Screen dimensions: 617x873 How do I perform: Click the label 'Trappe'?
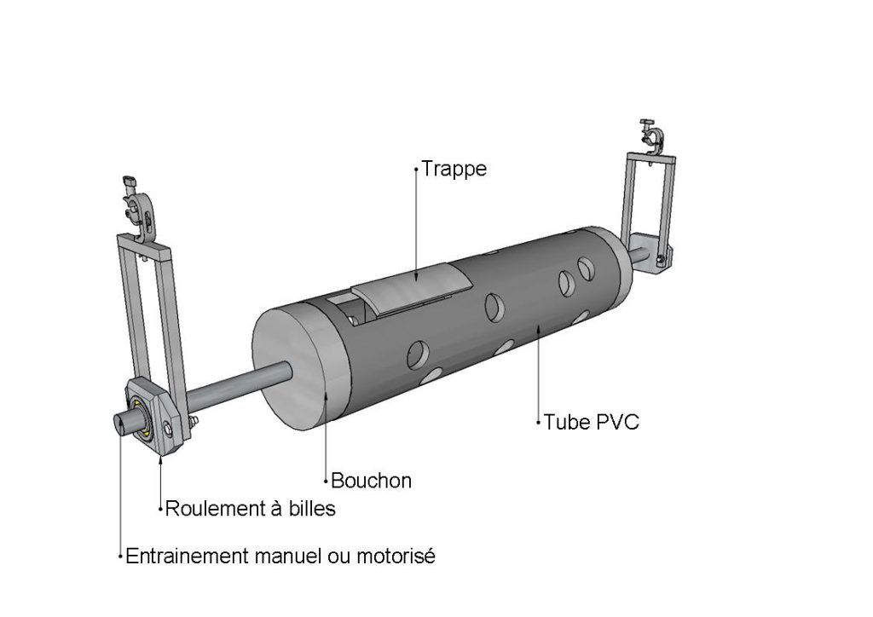pyautogui.click(x=454, y=169)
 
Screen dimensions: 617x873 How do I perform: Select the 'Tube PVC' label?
pyautogui.click(x=591, y=422)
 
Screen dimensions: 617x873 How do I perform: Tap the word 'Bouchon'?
pyautogui.click(x=371, y=481)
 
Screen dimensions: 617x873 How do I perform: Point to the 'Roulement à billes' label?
pyautogui.click(x=250, y=509)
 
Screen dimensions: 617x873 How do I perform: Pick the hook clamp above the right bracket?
pyautogui.click(x=652, y=136)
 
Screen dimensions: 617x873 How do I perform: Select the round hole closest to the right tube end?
pyautogui.click(x=586, y=268)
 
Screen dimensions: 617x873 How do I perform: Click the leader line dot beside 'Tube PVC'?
pyautogui.click(x=539, y=422)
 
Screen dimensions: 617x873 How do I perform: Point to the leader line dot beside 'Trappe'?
pyautogui.click(x=416, y=170)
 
